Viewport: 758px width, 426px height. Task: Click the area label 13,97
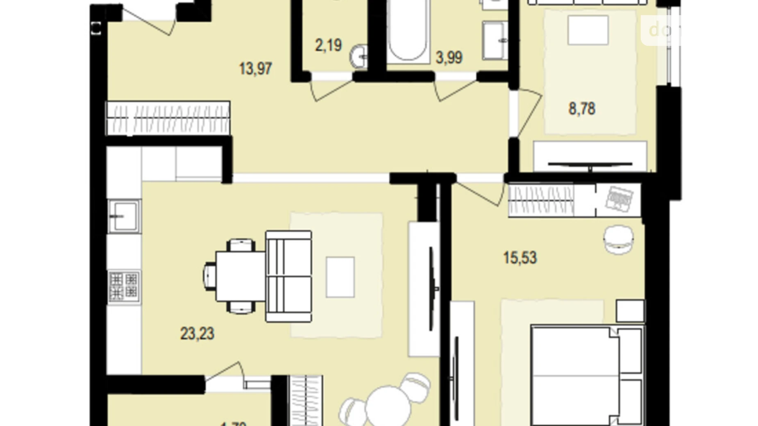coord(255,68)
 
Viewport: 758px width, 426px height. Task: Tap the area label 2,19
coord(328,45)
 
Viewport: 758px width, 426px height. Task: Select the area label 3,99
coord(449,57)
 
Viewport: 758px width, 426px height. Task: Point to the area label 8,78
coord(582,109)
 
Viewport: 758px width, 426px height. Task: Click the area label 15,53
coord(520,258)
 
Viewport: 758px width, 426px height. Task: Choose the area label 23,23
coord(197,334)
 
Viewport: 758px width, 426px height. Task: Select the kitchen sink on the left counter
coord(124,216)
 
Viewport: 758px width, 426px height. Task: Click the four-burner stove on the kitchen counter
coord(124,287)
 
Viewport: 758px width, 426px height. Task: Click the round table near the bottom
coord(388,406)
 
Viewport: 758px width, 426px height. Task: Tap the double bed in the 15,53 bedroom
coord(587,375)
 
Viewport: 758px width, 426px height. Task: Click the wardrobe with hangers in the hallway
coord(168,118)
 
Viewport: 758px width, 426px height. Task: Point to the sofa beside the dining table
coord(289,276)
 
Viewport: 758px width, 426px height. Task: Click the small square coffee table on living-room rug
coord(340,277)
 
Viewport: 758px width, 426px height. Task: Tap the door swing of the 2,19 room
coord(330,88)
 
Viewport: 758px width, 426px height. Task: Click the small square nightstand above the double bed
coord(630,311)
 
